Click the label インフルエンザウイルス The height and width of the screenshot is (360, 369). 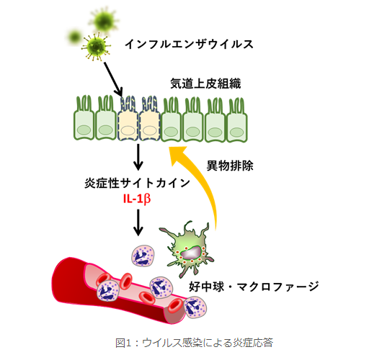click(189, 44)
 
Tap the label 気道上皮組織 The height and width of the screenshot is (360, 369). click(205, 84)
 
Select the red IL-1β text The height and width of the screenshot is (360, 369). click(137, 199)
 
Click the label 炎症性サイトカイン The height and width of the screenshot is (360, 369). click(137, 183)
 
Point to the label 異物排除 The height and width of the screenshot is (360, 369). click(230, 166)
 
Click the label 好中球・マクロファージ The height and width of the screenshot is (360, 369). click(254, 287)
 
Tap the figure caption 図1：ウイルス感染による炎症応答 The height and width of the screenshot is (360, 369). click(194, 343)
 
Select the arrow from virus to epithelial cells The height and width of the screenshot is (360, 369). click(113, 79)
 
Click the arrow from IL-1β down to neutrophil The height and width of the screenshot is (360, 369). click(138, 222)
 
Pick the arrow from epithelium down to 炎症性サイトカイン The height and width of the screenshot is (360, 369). click(138, 157)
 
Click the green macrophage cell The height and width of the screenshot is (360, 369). click(187, 250)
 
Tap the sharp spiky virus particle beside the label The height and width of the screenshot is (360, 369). click(97, 47)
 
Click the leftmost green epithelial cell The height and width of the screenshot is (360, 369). click(84, 118)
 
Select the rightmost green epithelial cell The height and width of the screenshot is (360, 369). click(237, 120)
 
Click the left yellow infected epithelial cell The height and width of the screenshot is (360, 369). click(128, 118)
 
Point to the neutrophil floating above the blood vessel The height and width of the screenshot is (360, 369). click(143, 256)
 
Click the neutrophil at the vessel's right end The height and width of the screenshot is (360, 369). click(195, 307)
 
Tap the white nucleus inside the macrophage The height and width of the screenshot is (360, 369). click(192, 253)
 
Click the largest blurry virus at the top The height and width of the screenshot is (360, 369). click(104, 21)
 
